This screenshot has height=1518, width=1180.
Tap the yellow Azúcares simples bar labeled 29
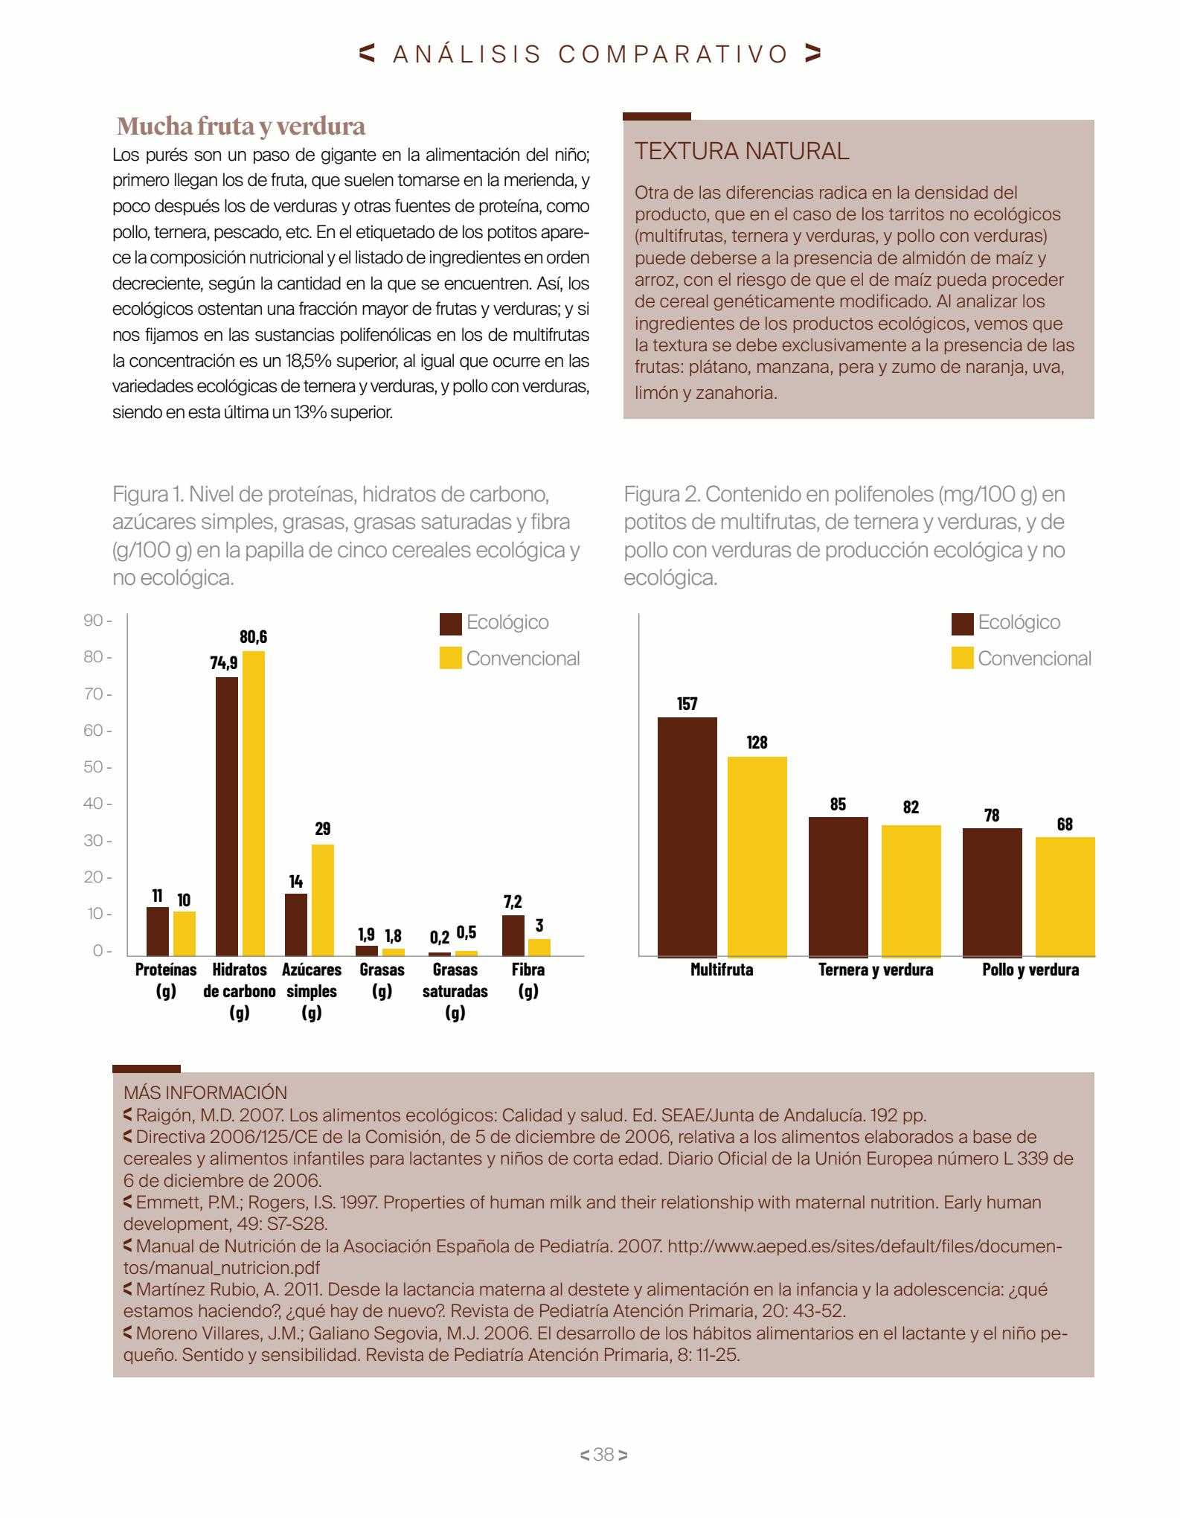tap(323, 900)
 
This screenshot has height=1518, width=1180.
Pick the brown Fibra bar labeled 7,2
tap(513, 935)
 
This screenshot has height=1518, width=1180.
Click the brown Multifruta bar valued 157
tap(687, 837)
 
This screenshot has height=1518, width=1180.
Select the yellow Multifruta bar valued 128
tap(757, 856)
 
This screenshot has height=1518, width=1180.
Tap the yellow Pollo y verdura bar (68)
tap(1065, 897)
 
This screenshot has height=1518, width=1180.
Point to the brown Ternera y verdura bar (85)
tap(838, 887)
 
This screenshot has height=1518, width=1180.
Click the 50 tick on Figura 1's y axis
tap(97, 767)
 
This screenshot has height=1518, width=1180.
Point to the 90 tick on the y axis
tap(97, 621)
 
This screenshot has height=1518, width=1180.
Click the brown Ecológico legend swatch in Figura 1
tap(451, 624)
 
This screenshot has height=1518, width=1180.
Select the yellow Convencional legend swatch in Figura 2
tap(963, 659)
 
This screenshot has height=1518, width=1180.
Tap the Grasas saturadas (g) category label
tap(455, 990)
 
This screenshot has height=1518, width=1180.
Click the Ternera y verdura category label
tap(876, 970)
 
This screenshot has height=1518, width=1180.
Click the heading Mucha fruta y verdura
tap(241, 126)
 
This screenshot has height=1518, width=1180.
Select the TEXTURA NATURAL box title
tap(742, 151)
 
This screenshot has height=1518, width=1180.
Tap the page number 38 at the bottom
tap(603, 1455)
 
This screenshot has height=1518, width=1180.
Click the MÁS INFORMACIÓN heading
tap(205, 1092)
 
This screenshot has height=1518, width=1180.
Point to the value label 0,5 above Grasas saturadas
tap(466, 932)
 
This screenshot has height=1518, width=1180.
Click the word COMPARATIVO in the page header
tap(674, 54)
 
